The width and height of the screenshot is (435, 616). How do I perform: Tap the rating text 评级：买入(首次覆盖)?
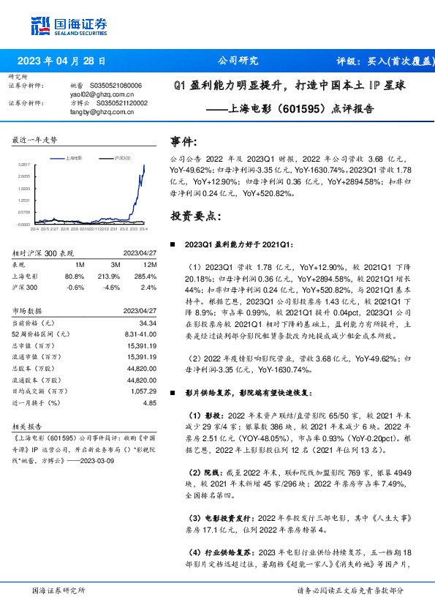point(382,61)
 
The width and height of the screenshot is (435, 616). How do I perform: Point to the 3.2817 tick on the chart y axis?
point(24,166)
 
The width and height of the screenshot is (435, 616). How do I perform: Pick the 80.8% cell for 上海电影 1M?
point(75,277)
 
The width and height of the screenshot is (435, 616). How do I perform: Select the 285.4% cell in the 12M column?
point(147,277)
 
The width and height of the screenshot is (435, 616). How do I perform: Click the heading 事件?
point(183,141)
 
